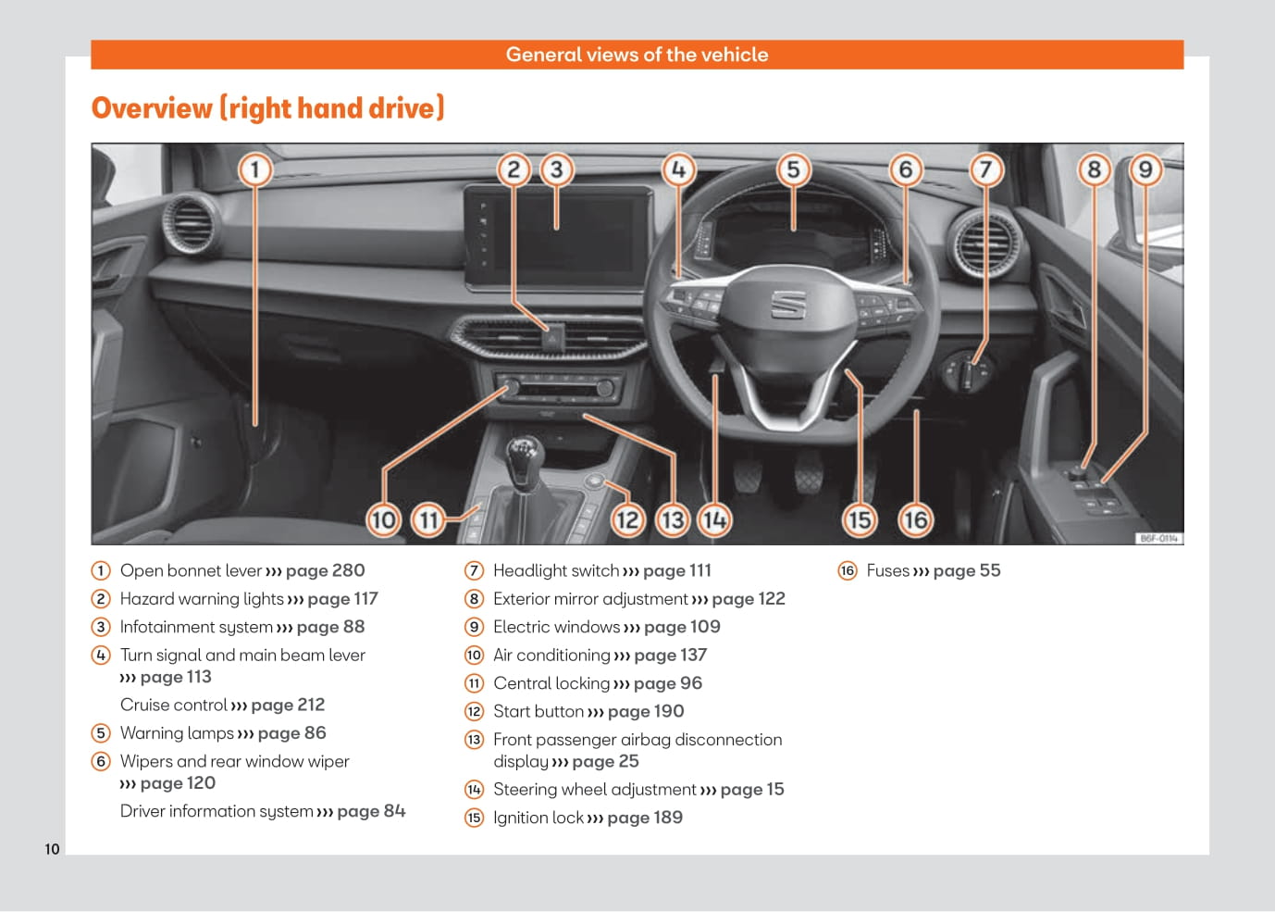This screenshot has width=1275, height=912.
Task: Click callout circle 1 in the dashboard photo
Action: [x=254, y=169]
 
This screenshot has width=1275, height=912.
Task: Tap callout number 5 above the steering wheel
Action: [x=793, y=169]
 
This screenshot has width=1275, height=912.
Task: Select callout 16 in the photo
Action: [x=914, y=519]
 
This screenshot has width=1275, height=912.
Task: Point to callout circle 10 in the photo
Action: [x=383, y=519]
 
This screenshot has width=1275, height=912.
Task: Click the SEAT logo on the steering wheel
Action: [x=788, y=303]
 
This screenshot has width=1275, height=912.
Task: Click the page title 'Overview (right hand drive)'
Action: [x=267, y=108]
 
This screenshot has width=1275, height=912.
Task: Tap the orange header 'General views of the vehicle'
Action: [x=637, y=55]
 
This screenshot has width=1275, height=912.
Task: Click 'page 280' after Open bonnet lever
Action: [x=325, y=570]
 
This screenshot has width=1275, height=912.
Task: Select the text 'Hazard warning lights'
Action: [x=202, y=599]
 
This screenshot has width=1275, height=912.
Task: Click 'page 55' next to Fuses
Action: [x=967, y=570]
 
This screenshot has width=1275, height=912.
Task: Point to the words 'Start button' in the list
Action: [x=538, y=711]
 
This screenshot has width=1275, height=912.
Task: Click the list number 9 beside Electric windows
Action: [x=474, y=627]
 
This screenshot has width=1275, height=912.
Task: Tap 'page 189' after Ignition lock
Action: [x=645, y=818]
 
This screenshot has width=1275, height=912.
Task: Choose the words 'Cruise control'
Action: [x=174, y=705]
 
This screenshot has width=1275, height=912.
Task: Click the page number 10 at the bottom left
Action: [x=52, y=849]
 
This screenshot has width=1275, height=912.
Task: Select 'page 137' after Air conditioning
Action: [x=670, y=655]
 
